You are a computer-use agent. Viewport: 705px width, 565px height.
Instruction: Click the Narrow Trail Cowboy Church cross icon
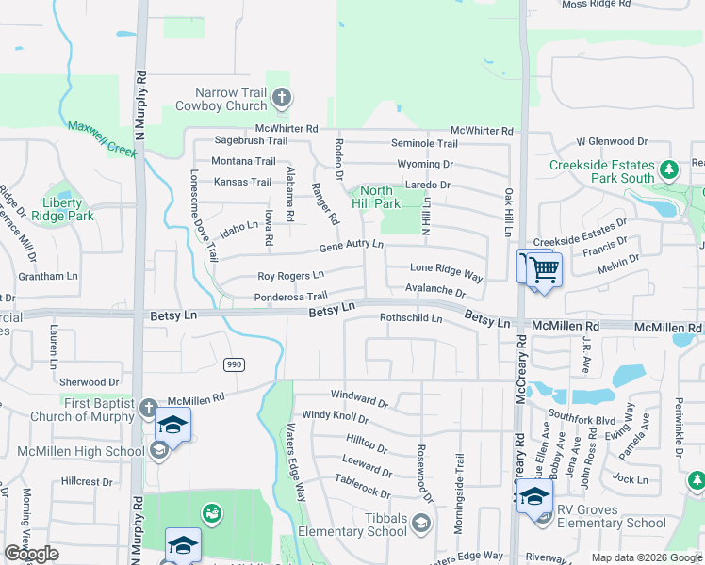coord(281,97)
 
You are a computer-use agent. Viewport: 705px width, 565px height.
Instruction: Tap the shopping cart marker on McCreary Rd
coord(544,269)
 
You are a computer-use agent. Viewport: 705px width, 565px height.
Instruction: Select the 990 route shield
coord(234,363)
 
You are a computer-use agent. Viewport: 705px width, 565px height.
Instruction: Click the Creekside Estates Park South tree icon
coord(669,170)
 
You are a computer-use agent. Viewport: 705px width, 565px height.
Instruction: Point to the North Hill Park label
coord(375,197)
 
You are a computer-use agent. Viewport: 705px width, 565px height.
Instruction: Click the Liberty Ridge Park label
coord(69,209)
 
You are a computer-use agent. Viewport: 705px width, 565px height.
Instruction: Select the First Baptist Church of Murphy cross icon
coord(148,408)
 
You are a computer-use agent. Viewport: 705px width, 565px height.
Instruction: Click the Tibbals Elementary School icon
coord(420,523)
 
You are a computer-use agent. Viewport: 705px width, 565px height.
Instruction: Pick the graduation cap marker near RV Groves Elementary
coord(534,496)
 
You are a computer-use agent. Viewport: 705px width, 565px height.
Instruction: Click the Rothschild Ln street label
coord(411,318)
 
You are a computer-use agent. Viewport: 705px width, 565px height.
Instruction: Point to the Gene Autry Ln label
coord(351,245)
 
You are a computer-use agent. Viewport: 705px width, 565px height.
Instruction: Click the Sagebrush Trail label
coord(238,140)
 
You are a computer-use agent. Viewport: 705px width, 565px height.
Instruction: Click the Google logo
coord(32,555)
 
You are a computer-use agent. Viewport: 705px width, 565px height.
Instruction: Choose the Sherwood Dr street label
coord(90,382)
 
